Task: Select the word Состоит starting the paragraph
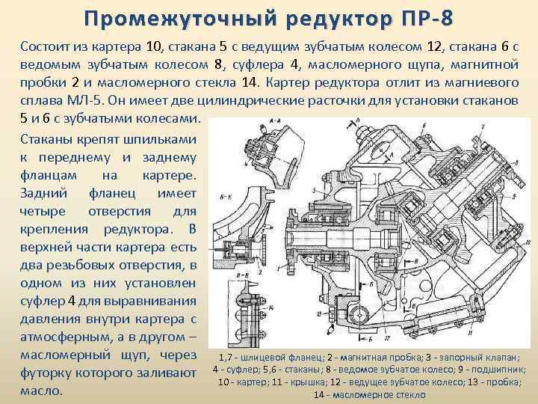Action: pos(46,46)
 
